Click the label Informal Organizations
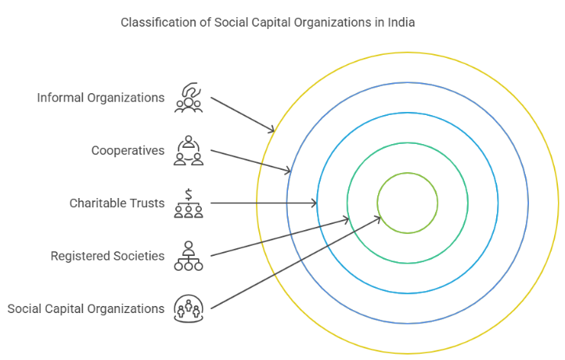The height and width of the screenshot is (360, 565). coord(101,98)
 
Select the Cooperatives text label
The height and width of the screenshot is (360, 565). coord(128,150)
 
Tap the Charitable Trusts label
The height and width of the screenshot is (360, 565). coord(117,203)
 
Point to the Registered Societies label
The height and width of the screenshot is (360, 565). coord(107,256)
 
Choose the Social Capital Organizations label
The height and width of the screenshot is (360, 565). coord(86,308)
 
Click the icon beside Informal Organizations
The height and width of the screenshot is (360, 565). coord(189,98)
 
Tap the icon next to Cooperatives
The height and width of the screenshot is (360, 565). coord(189,150)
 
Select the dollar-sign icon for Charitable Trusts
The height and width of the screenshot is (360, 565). coord(189,203)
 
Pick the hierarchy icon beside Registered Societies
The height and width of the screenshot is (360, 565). coord(189,256)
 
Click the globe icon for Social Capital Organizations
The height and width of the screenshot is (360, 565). coord(189,308)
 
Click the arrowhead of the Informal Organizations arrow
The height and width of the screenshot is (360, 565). coord(273,130)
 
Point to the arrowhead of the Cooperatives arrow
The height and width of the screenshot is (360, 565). coord(290,171)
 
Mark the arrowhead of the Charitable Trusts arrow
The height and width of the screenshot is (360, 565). coord(315,203)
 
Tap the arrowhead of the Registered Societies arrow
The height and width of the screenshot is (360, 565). coord(347,220)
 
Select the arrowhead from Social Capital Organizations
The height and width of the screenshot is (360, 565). coord(380,218)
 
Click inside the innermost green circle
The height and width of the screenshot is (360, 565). coord(407,203)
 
